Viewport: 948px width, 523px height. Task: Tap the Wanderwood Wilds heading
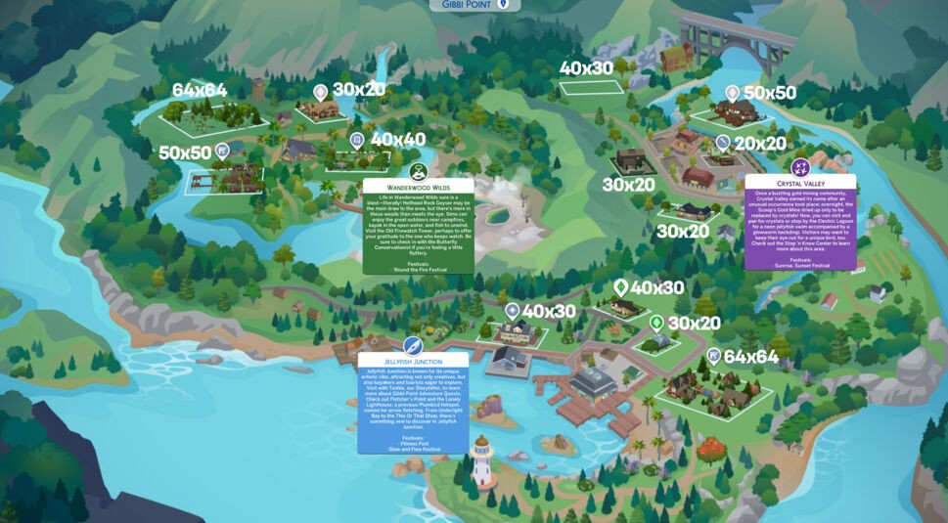pos(418,186)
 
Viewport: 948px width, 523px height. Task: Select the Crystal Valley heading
pos(800,183)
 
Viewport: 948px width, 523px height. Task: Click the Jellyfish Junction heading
pos(413,361)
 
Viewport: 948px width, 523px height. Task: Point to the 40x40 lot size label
pos(398,140)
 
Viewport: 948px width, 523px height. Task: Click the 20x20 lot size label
pos(760,144)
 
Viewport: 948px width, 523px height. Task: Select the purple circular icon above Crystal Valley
pos(800,166)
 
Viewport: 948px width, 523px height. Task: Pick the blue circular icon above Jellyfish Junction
pos(413,345)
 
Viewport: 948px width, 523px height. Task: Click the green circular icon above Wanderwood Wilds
pos(419,171)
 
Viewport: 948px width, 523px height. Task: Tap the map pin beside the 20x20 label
pos(723,143)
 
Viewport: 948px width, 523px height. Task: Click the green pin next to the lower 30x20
pos(656,323)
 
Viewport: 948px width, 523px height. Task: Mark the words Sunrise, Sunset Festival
pos(800,265)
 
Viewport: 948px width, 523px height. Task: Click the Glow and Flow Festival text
pos(413,449)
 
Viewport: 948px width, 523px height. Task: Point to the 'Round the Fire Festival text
pos(418,269)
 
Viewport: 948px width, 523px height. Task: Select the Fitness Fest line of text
pos(413,443)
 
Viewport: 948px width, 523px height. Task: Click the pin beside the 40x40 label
pos(357,141)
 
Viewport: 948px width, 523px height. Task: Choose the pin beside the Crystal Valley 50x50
pos(732,93)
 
